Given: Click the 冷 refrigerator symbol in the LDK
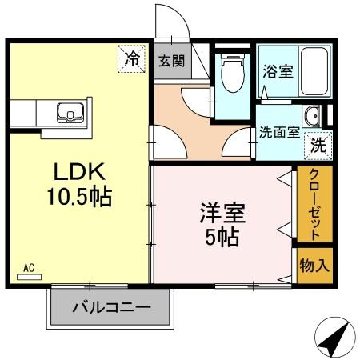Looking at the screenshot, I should pyautogui.click(x=132, y=58).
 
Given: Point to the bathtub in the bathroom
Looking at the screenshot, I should pyautogui.click(x=309, y=69).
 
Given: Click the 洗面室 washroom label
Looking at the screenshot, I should pyautogui.click(x=280, y=132).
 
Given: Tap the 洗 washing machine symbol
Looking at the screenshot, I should pyautogui.click(x=318, y=146).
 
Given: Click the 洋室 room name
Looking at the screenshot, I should pyautogui.click(x=222, y=214).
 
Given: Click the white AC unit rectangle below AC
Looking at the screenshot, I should pyautogui.click(x=29, y=278).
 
